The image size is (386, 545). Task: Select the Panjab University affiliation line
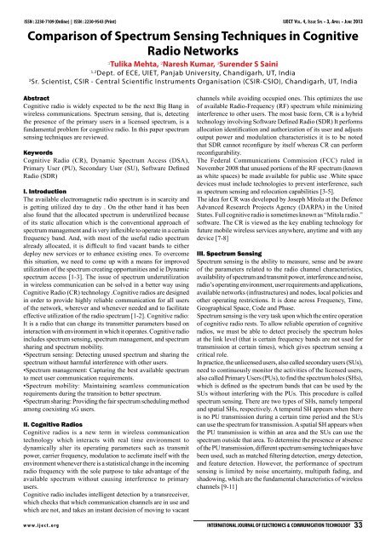(x=193, y=74)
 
